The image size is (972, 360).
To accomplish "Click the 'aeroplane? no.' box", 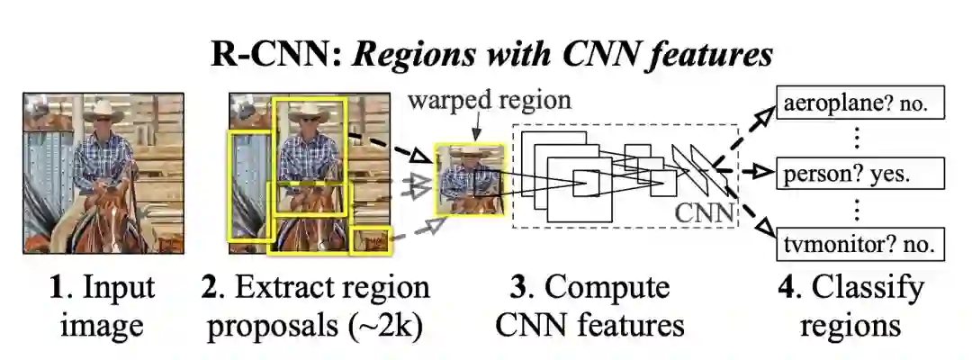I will (860, 103).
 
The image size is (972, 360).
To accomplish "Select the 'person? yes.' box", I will (860, 171).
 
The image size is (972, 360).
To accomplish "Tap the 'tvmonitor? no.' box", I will (860, 241).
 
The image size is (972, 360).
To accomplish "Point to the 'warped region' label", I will (490, 99).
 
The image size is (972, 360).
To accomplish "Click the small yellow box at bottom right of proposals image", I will (371, 240).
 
